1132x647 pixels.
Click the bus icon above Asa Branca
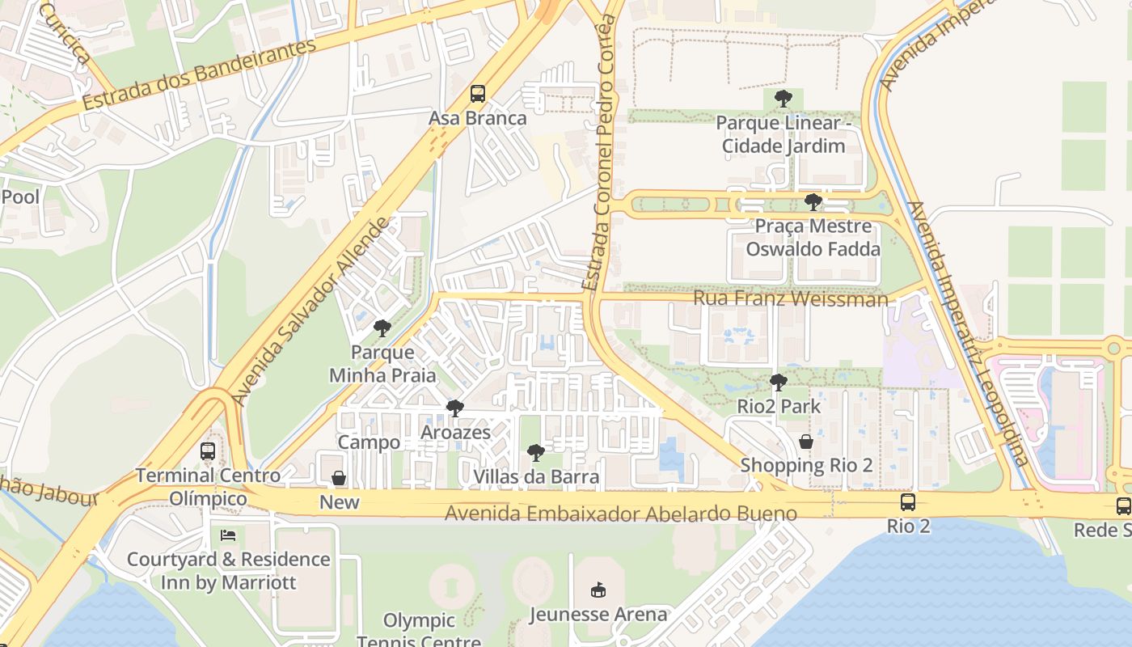coord(478,94)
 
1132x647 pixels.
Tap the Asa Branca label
coord(477,118)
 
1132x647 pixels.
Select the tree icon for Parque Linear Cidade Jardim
coord(783,99)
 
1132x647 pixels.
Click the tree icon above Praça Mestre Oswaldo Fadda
coord(813,202)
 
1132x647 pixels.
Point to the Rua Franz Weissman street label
coord(790,298)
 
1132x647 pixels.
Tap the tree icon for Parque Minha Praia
coord(382,328)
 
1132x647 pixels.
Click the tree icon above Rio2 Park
coord(779,383)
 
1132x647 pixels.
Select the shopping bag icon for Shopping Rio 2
coord(806,442)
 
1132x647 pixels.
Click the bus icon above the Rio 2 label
coord(908,502)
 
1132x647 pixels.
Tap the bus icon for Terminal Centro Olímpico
coord(208,451)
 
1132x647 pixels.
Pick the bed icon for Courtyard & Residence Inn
coord(229,535)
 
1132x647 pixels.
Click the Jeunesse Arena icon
coord(598,590)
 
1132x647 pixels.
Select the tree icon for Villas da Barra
coord(535,453)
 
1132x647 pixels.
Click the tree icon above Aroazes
coord(455,408)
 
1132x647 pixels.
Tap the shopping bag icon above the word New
coord(339,479)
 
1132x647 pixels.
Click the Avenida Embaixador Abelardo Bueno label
coord(620,514)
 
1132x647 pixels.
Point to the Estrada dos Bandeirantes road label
coord(198,74)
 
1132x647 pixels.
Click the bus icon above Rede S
coord(1123,506)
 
